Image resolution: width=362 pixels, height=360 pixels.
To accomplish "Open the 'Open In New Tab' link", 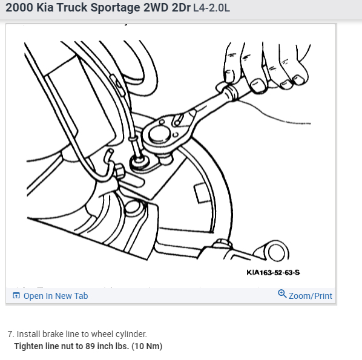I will click(55, 296).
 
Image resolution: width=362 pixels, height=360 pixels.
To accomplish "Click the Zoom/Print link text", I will click(310, 296).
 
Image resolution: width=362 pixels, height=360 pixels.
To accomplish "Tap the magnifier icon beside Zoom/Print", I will click(282, 294).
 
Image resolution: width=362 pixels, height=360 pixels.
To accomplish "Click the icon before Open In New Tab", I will click(16, 296).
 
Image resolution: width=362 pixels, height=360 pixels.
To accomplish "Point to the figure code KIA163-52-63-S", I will click(273, 272).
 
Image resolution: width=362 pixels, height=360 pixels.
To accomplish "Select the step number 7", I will click(11, 334).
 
